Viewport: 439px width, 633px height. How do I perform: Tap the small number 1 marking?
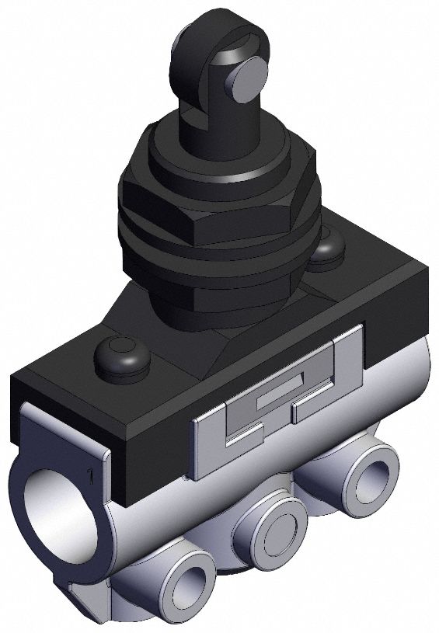(91, 473)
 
